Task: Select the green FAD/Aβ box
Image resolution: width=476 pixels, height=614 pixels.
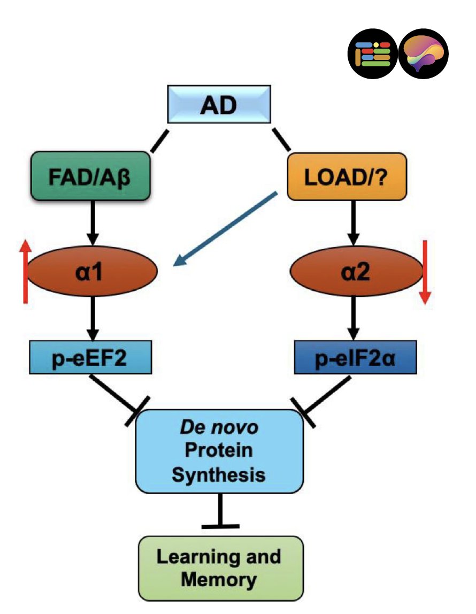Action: (x=93, y=176)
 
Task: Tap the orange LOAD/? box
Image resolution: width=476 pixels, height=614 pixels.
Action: (x=347, y=176)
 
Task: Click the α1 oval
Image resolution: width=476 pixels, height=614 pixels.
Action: (x=93, y=271)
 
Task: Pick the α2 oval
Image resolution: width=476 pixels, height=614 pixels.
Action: (x=356, y=271)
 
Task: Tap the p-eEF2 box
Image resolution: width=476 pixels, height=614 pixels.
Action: (x=93, y=359)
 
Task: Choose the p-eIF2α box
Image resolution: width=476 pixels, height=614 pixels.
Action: (x=355, y=359)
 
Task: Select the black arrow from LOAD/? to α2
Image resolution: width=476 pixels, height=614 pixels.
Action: (x=352, y=222)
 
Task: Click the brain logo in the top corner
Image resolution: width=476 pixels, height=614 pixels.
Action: (x=424, y=54)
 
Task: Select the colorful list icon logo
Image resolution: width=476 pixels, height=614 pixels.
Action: (x=373, y=54)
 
